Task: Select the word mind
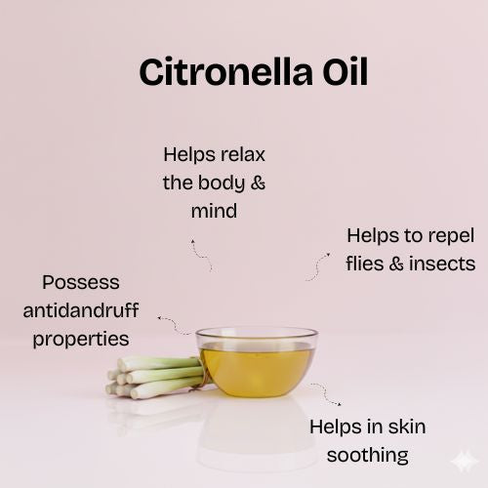click(x=215, y=210)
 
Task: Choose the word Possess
click(x=81, y=283)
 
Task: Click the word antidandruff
click(x=81, y=311)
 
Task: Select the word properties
click(x=81, y=339)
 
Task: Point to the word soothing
click(x=367, y=455)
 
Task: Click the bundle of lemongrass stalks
click(x=151, y=376)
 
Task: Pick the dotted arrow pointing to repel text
click(x=318, y=266)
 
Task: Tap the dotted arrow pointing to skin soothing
click(x=326, y=393)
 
